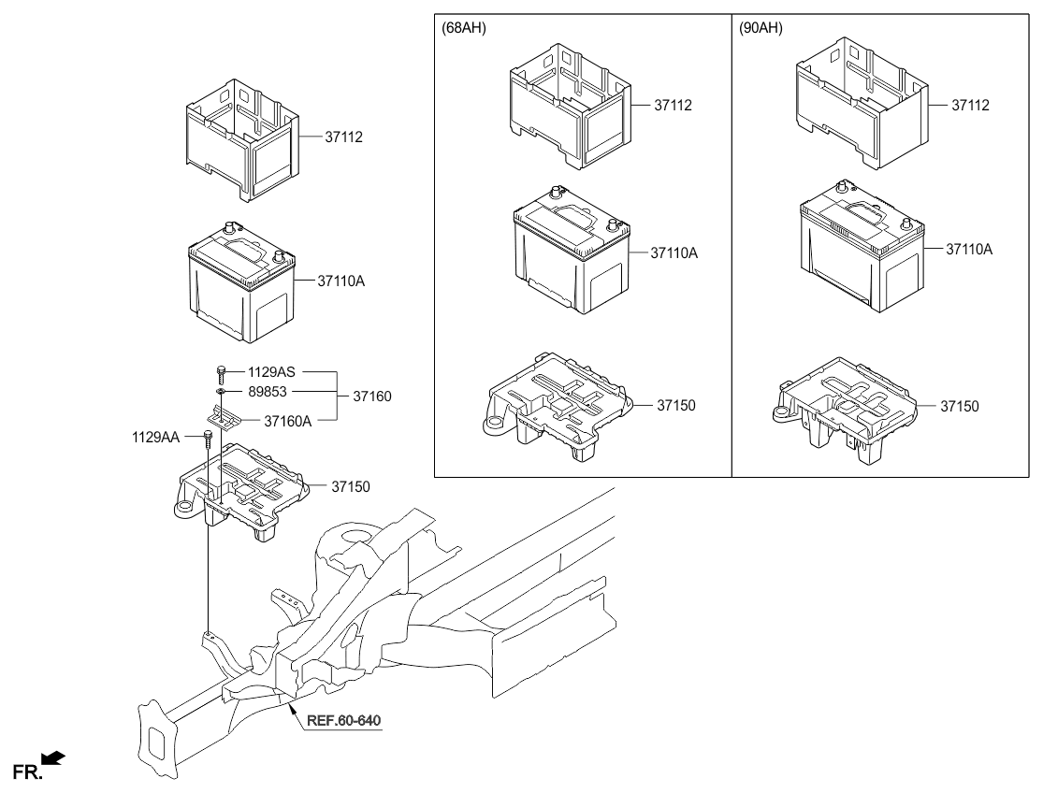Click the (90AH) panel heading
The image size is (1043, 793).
tap(761, 29)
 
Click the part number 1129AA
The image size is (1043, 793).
tap(156, 435)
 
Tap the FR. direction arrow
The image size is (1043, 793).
tap(53, 757)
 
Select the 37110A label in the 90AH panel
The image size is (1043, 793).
tap(968, 250)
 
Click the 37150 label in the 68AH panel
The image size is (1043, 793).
tap(678, 406)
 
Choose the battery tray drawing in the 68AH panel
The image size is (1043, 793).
tap(551, 406)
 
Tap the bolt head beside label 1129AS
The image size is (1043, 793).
tap(221, 371)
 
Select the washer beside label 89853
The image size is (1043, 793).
tap(221, 394)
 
